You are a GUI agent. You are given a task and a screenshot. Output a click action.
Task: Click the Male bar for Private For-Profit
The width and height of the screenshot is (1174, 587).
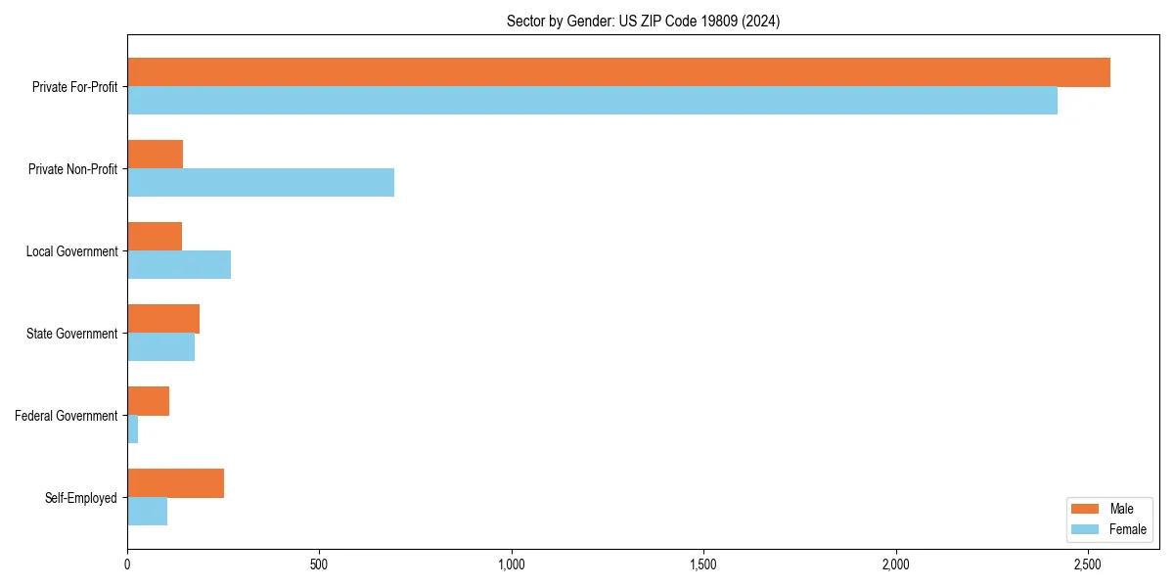point(618,72)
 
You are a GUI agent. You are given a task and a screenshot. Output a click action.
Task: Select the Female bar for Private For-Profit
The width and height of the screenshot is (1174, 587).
point(592,101)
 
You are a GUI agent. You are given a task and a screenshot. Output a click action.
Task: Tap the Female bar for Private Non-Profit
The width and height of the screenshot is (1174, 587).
point(260,183)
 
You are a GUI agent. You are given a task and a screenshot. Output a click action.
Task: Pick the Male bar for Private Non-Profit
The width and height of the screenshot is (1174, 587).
point(155,155)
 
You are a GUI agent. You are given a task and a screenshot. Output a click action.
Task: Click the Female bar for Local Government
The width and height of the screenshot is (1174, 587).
point(179,265)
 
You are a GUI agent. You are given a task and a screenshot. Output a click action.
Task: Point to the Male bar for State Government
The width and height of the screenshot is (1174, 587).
point(163,319)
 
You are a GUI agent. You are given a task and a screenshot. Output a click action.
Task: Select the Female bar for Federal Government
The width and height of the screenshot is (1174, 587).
point(133,429)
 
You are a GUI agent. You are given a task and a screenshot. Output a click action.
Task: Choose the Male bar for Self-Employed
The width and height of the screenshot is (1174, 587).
point(175,483)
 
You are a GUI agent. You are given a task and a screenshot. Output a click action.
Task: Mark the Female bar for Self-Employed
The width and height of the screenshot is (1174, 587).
point(147,512)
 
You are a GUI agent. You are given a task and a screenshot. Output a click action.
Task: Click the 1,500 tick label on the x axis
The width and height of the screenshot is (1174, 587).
point(703,564)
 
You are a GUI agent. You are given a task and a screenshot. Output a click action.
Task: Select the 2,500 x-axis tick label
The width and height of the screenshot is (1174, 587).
point(1088,564)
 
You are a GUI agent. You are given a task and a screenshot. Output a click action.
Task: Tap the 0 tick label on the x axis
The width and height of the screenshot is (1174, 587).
point(127,564)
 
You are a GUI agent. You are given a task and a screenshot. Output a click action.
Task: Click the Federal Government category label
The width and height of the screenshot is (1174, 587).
point(67,416)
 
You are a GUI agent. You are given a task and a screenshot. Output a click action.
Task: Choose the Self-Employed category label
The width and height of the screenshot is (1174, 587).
point(81,498)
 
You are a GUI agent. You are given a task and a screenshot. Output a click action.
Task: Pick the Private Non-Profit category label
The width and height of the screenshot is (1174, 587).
point(72,169)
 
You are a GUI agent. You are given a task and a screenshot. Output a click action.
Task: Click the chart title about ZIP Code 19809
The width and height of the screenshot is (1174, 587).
point(643,21)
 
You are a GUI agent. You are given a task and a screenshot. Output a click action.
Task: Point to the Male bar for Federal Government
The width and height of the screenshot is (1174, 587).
point(148,401)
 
